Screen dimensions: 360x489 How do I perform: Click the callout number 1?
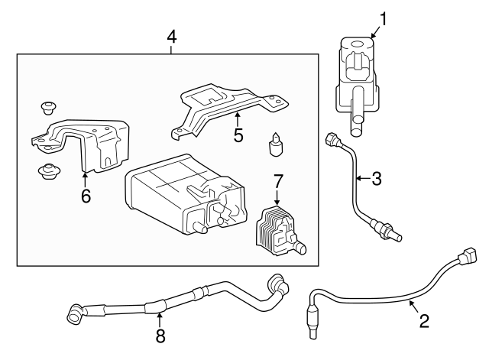pyautogui.click(x=383, y=16)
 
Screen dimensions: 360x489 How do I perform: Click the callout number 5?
pyautogui.click(x=238, y=135)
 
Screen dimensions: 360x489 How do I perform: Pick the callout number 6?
pyautogui.click(x=86, y=196)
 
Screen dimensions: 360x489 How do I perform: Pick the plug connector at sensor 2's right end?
pyautogui.click(x=467, y=255)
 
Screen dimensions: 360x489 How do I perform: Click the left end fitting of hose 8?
pyautogui.click(x=76, y=313)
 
